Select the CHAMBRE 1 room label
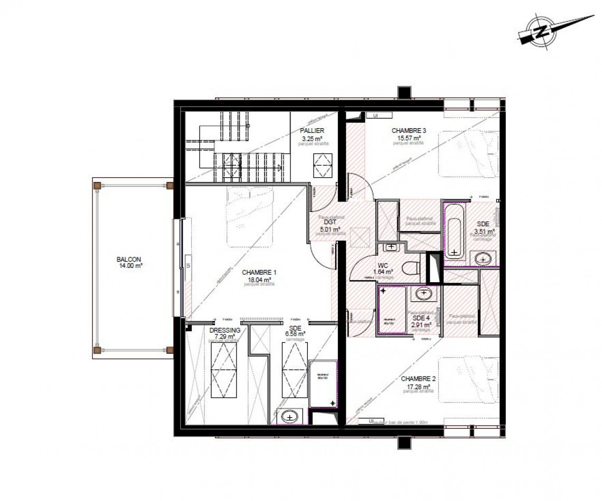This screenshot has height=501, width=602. pos(259,273)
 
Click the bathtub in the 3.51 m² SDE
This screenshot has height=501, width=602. pos(454,232)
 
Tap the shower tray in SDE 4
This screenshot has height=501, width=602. pos(391,311)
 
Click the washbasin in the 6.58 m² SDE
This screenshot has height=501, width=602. pos(289,416)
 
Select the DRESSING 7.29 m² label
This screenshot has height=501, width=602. pos(225,333)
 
